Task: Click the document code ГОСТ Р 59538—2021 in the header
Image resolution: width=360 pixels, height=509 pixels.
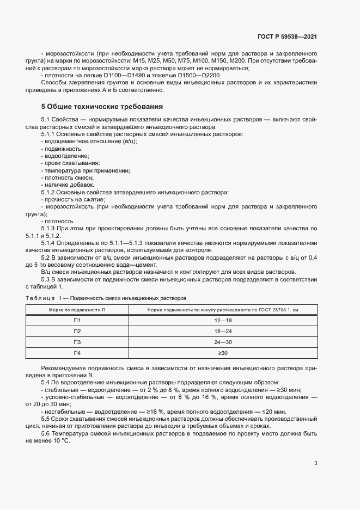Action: (286, 37)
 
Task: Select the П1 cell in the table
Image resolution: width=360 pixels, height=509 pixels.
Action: (77, 321)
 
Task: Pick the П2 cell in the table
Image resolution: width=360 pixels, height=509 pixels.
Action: (77, 332)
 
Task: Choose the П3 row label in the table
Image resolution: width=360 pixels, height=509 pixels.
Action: (77, 342)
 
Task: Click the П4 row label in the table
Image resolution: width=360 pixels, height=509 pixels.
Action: (77, 353)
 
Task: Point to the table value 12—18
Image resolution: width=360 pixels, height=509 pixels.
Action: (224, 321)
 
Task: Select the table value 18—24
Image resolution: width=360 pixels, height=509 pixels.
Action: (224, 332)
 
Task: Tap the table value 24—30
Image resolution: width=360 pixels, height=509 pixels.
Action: (224, 342)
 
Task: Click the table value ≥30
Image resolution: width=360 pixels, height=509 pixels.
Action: (224, 353)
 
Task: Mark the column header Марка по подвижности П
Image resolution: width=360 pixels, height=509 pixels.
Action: (77, 310)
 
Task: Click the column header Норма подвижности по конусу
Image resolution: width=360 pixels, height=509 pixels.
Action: (224, 310)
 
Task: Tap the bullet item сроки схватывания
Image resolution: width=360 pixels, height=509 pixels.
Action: (71, 163)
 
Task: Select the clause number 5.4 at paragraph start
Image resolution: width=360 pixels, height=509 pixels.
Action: (46, 383)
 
